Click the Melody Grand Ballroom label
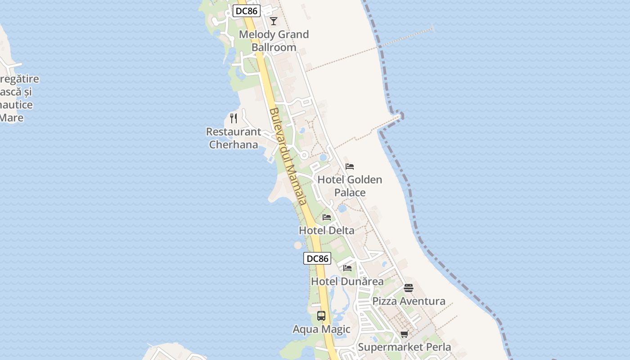pyautogui.click(x=274, y=40)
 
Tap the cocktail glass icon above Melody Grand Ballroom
pyautogui.click(x=274, y=21)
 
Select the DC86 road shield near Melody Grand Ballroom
pyautogui.click(x=247, y=11)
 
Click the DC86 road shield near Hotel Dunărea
pyautogui.click(x=317, y=258)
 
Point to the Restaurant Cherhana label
pyautogui.click(x=234, y=138)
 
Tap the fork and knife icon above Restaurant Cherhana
pyautogui.click(x=234, y=118)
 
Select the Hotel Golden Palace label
pyautogui.click(x=350, y=186)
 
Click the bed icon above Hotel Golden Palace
pyautogui.click(x=350, y=166)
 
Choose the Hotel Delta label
pyautogui.click(x=327, y=230)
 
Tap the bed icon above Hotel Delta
pyautogui.click(x=327, y=217)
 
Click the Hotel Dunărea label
pyautogui.click(x=347, y=282)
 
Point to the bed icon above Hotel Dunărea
pyautogui.click(x=347, y=268)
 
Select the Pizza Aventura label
pyautogui.click(x=409, y=301)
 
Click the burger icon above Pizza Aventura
pyautogui.click(x=409, y=288)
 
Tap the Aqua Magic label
pyautogui.click(x=321, y=329)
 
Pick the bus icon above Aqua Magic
pyautogui.click(x=321, y=316)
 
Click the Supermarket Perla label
pyautogui.click(x=404, y=347)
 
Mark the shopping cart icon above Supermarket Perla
pyautogui.click(x=404, y=334)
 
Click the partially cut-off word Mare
pyautogui.click(x=11, y=118)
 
